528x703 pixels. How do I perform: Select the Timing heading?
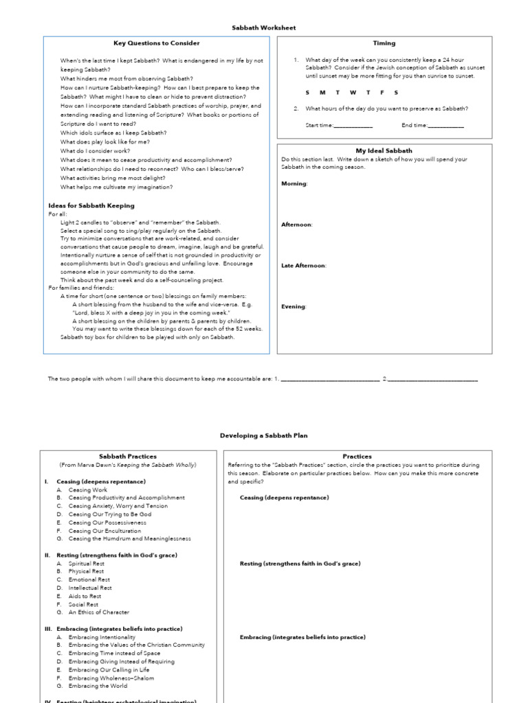coord(384,43)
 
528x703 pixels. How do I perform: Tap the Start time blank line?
coord(353,126)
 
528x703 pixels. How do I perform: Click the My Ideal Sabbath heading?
coord(384,150)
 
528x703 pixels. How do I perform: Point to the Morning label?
coord(294,183)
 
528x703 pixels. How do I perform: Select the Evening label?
coord(294,306)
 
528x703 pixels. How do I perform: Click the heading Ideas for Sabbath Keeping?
coord(91,205)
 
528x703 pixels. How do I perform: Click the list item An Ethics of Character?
coord(99,612)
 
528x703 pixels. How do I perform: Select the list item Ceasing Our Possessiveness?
coord(107,522)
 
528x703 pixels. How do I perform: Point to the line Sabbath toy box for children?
coord(147,337)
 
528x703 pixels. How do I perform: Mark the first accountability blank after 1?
coord(329,379)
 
